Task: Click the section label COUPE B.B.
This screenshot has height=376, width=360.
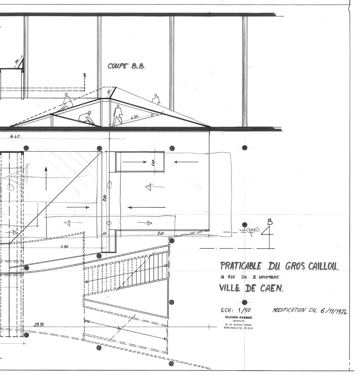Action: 127,66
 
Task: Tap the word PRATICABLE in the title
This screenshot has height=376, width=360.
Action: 240,266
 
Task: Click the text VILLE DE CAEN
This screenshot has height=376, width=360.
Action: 251,288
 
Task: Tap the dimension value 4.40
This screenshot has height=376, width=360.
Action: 16,136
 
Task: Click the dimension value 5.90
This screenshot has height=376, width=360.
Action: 64,247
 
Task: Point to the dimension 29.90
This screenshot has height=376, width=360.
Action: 39,325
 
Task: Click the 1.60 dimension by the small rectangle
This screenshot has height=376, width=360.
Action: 153,162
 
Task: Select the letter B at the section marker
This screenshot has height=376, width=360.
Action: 270,222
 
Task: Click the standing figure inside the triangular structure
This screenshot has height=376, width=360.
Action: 118,115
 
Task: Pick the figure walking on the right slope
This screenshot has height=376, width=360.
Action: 156,100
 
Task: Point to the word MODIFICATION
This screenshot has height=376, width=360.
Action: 289,310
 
